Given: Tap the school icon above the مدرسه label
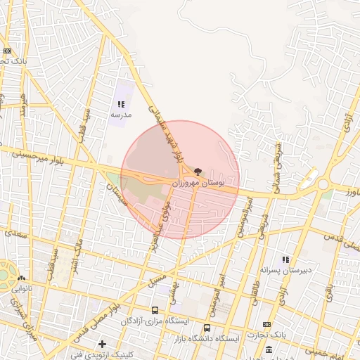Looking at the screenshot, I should pos(121,104).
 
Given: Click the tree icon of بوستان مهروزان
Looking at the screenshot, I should pos(197,172).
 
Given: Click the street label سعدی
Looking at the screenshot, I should pos(16,235).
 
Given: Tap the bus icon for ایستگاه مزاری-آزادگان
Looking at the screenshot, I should pos(155,310).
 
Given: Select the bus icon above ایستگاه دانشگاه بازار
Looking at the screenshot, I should pos(206,328).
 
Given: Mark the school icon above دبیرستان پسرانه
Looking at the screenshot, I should pos(285,259).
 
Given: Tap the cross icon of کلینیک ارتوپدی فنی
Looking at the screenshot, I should pos(103,344).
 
